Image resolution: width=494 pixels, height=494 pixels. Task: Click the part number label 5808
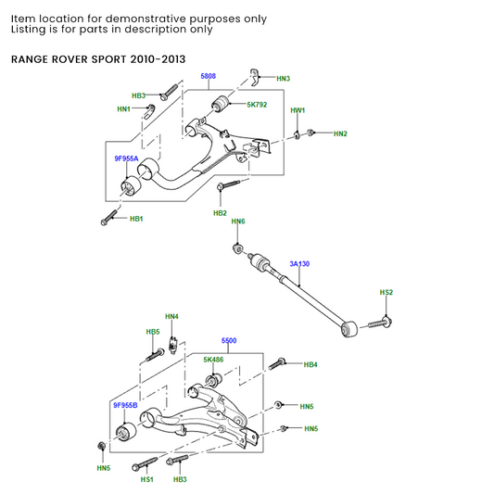209,76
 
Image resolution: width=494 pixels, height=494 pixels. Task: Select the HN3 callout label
283,79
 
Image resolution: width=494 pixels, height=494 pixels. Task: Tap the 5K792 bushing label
257,105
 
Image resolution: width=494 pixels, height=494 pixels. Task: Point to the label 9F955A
126,158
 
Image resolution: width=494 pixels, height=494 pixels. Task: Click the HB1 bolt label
135,219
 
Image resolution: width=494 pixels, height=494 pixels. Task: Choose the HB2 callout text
220,213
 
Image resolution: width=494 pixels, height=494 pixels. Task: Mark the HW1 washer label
298,110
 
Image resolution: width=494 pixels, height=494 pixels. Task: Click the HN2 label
340,134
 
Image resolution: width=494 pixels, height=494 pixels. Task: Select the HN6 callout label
238,222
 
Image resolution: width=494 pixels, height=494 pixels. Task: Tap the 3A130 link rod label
299,264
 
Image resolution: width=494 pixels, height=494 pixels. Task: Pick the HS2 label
386,293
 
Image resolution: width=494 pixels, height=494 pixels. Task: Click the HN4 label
171,317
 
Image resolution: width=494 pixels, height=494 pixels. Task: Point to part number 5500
229,341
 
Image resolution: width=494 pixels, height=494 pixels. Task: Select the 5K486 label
213,359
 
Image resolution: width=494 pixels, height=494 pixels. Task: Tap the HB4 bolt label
310,365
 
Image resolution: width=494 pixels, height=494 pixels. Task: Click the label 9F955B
125,406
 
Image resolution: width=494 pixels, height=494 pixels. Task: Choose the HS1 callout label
146,479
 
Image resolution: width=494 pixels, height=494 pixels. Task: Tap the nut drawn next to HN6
238,247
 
